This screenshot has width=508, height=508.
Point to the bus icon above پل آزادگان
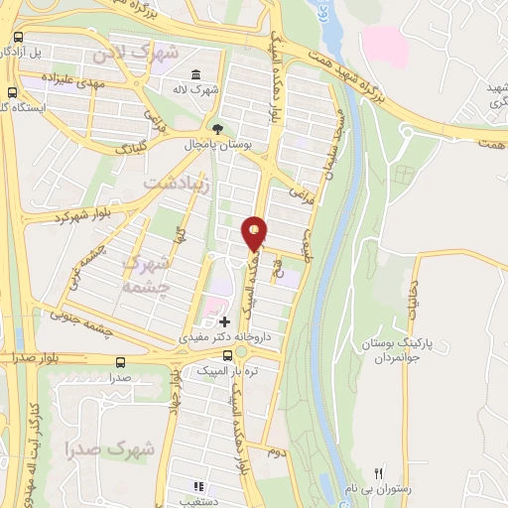pyautogui.click(x=18, y=36)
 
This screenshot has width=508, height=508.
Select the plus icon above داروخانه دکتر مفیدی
pyautogui.click(x=225, y=321)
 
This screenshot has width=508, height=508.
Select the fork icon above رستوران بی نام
pyautogui.click(x=378, y=472)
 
